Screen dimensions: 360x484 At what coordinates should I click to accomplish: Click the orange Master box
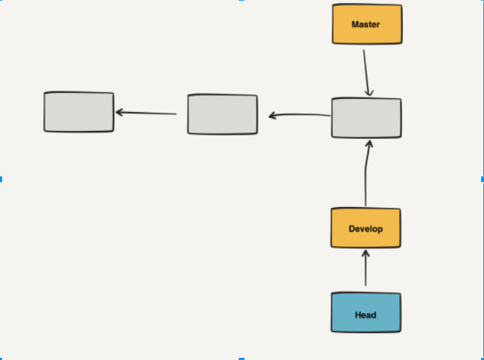[367, 24]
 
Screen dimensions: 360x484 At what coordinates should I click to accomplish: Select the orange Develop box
[366, 228]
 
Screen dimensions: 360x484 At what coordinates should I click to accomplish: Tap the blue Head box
[365, 314]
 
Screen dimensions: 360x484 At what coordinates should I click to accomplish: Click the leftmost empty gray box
[79, 112]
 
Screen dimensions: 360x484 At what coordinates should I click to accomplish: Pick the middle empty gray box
[223, 114]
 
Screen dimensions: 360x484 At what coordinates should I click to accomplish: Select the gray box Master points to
[366, 118]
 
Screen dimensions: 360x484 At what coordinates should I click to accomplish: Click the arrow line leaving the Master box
[366, 70]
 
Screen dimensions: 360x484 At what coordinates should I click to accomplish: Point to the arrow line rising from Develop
[365, 176]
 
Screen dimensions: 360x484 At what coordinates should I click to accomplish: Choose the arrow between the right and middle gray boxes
[300, 115]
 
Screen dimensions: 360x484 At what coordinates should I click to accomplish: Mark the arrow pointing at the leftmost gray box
[146, 113]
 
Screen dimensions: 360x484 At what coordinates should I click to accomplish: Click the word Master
[365, 24]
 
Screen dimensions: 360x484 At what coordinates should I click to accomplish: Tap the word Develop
[365, 228]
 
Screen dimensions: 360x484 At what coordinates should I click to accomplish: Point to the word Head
[365, 315]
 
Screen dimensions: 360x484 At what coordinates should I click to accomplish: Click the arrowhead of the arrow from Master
[370, 91]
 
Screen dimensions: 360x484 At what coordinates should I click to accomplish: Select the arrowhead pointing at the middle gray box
[272, 116]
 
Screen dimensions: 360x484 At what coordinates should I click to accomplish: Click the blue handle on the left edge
[1, 179]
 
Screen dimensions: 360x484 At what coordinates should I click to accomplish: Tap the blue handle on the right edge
[482, 179]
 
